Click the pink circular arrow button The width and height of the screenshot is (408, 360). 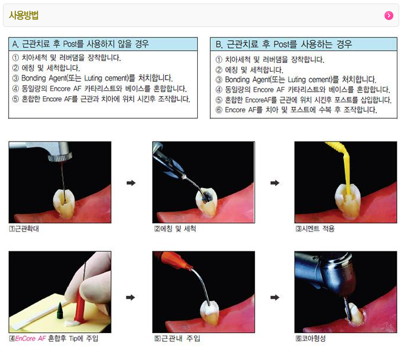pyautogui.click(x=389, y=16)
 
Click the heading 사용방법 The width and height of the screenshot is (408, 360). pyautogui.click(x=23, y=15)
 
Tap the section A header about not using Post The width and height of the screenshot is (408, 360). pyautogui.click(x=80, y=43)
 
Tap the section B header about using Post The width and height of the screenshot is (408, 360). pyautogui.click(x=284, y=44)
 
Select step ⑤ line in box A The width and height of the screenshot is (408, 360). pyautogui.click(x=101, y=99)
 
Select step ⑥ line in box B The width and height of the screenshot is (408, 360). pyautogui.click(x=296, y=110)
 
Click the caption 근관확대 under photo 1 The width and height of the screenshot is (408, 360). pyautogui.click(x=24, y=229)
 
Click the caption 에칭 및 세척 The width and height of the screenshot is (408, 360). pyautogui.click(x=175, y=229)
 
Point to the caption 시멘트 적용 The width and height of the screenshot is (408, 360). pyautogui.click(x=315, y=229)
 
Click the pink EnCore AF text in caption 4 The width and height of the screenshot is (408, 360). pyautogui.click(x=31, y=338)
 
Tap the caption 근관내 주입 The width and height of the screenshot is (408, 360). pyautogui.click(x=177, y=338)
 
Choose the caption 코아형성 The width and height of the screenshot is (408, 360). pyautogui.click(x=311, y=338)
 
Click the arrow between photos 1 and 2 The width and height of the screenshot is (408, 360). pyautogui.click(x=131, y=183)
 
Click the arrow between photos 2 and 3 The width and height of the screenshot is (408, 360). pyautogui.click(x=275, y=183)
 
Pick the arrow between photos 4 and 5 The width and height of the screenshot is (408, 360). pyautogui.click(x=131, y=297)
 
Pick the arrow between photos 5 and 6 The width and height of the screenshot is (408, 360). pyautogui.click(x=275, y=297)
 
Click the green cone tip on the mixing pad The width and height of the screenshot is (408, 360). pyautogui.click(x=60, y=311)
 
